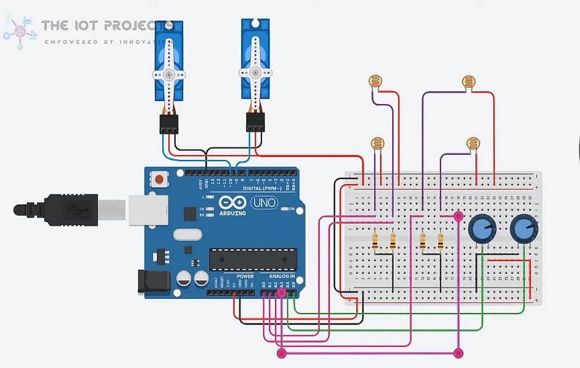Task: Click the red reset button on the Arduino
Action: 158,178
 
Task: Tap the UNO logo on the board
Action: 264,203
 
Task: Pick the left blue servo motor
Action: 169,64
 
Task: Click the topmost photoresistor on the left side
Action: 376,81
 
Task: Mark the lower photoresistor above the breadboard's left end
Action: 378,143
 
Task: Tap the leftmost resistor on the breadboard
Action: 376,241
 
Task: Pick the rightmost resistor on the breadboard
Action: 441,241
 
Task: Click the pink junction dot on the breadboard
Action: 459,217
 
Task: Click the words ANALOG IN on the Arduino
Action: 282,276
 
